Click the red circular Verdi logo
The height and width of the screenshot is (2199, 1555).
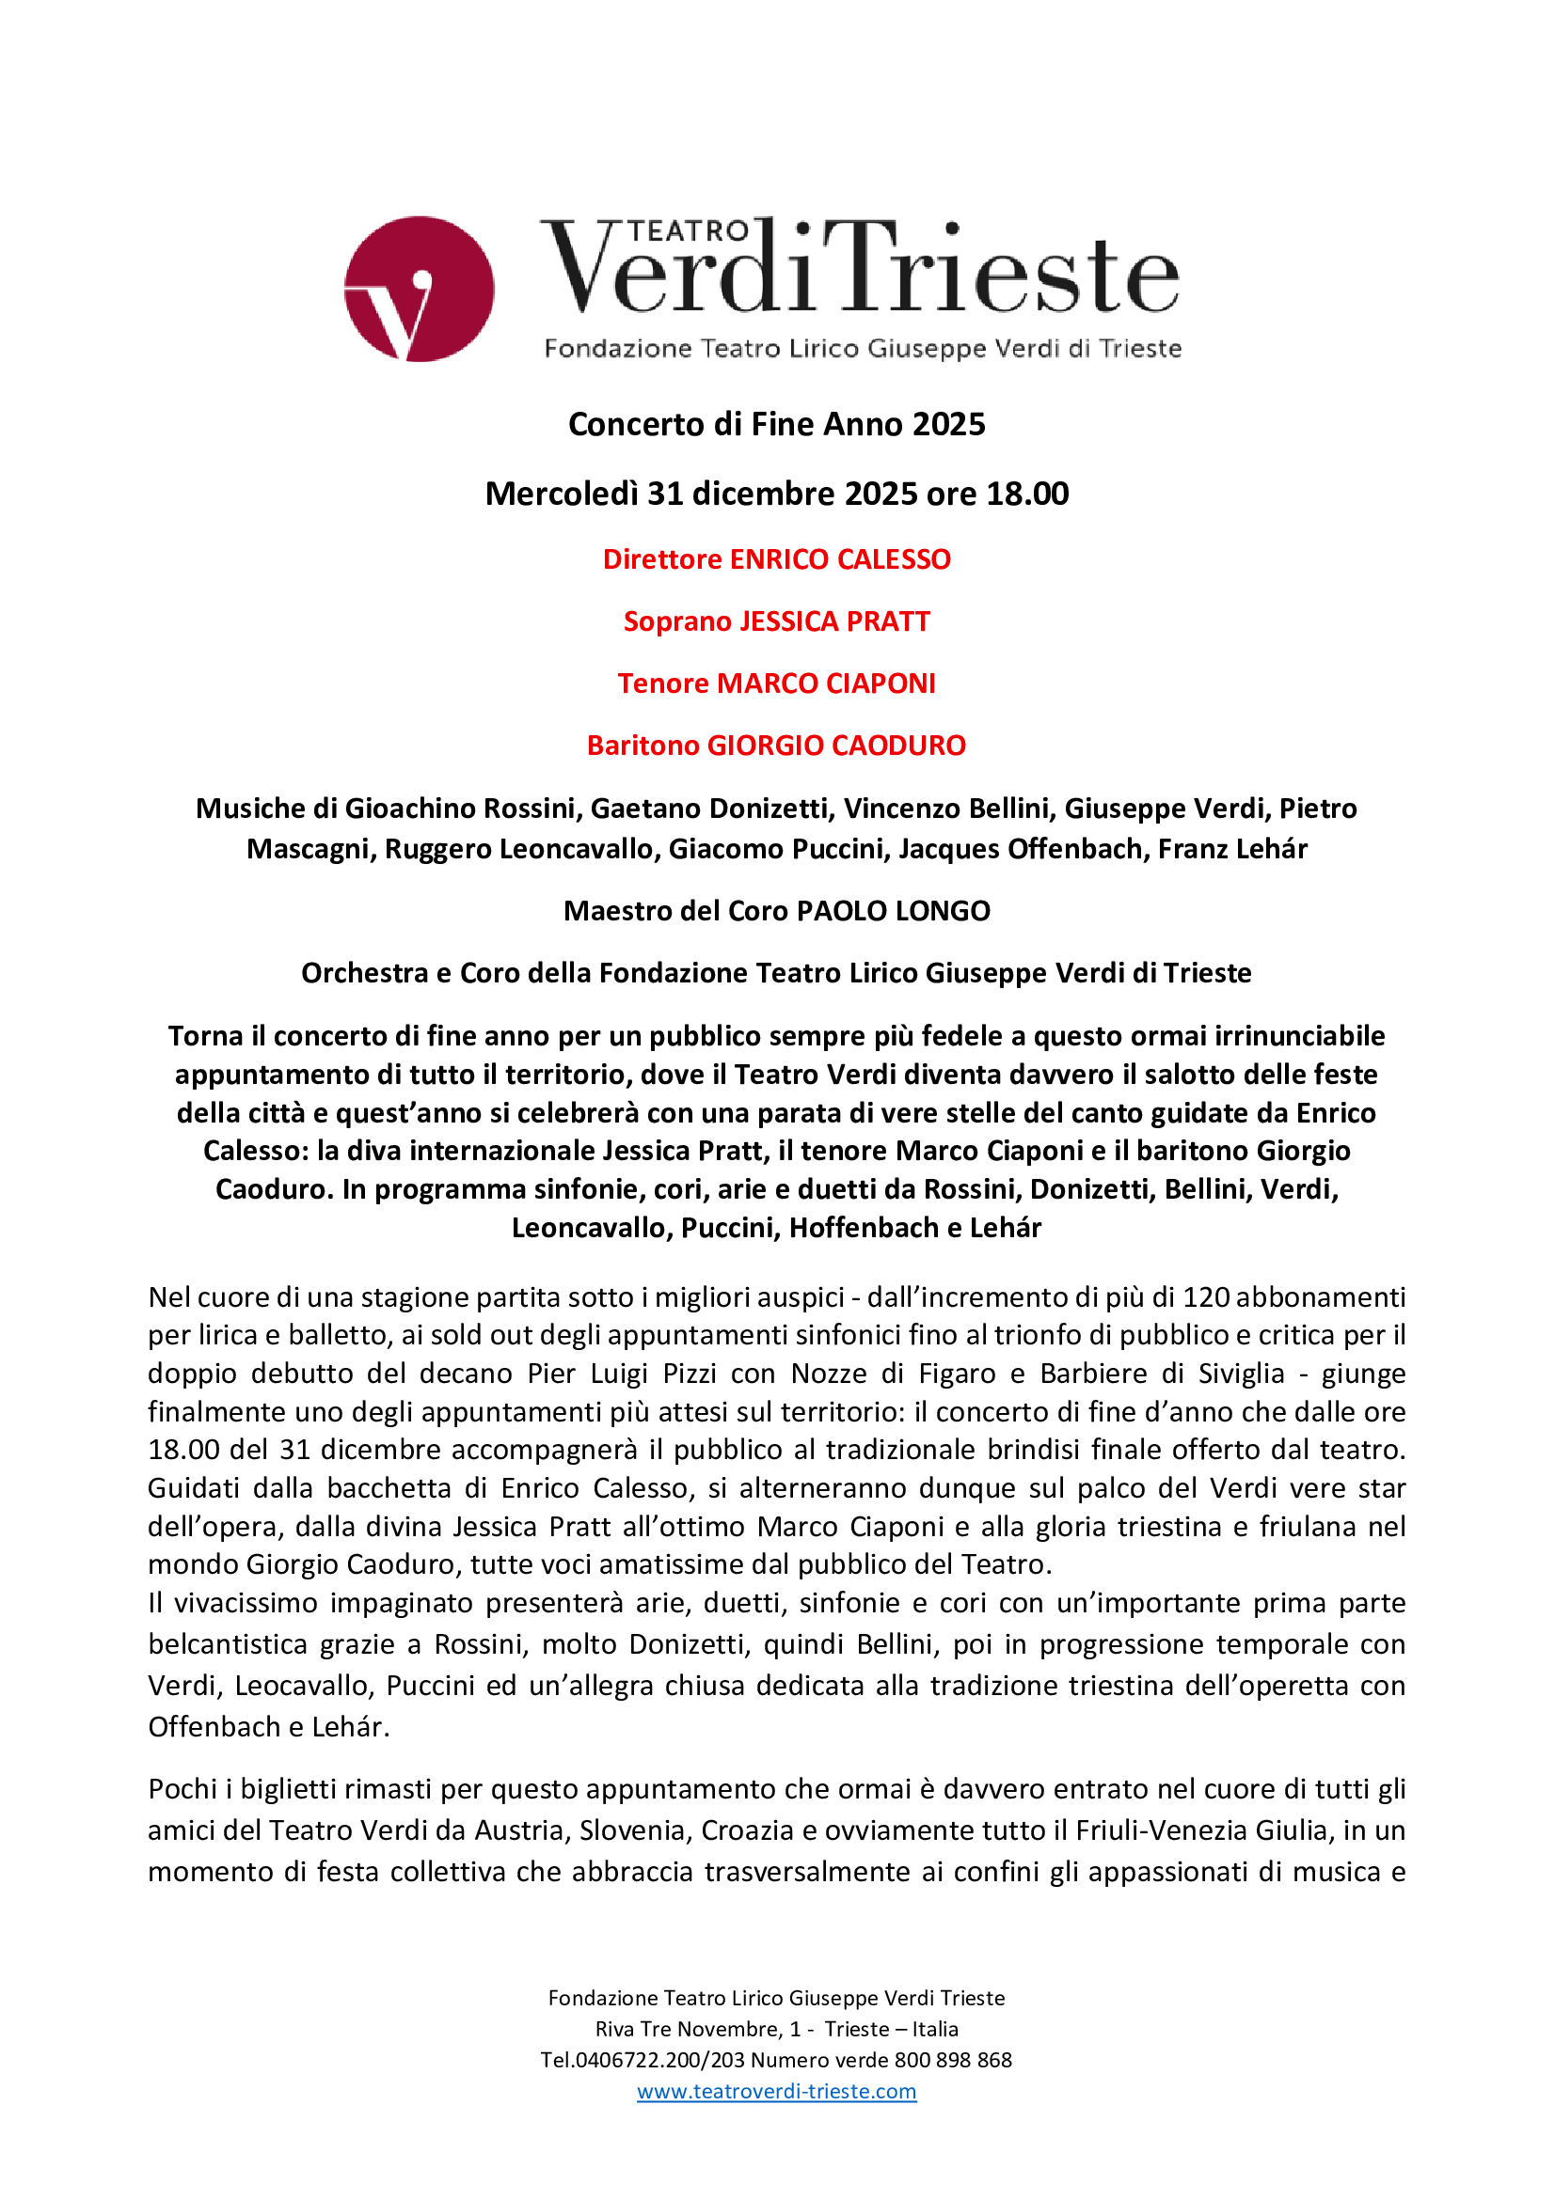(419, 289)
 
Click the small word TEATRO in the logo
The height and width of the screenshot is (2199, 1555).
(688, 231)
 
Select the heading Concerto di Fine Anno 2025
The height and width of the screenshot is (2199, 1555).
(776, 423)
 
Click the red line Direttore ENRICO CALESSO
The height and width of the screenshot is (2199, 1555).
(776, 559)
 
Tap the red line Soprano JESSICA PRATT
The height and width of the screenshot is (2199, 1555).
(776, 621)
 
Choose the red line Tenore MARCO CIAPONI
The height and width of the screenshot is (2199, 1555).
(776, 683)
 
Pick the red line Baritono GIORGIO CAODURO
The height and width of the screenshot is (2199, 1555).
(776, 746)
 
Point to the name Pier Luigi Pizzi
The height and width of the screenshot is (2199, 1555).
(622, 1374)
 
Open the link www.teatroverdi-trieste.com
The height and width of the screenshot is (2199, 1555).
(776, 2091)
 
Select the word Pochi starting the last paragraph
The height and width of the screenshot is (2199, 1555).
(182, 1789)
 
